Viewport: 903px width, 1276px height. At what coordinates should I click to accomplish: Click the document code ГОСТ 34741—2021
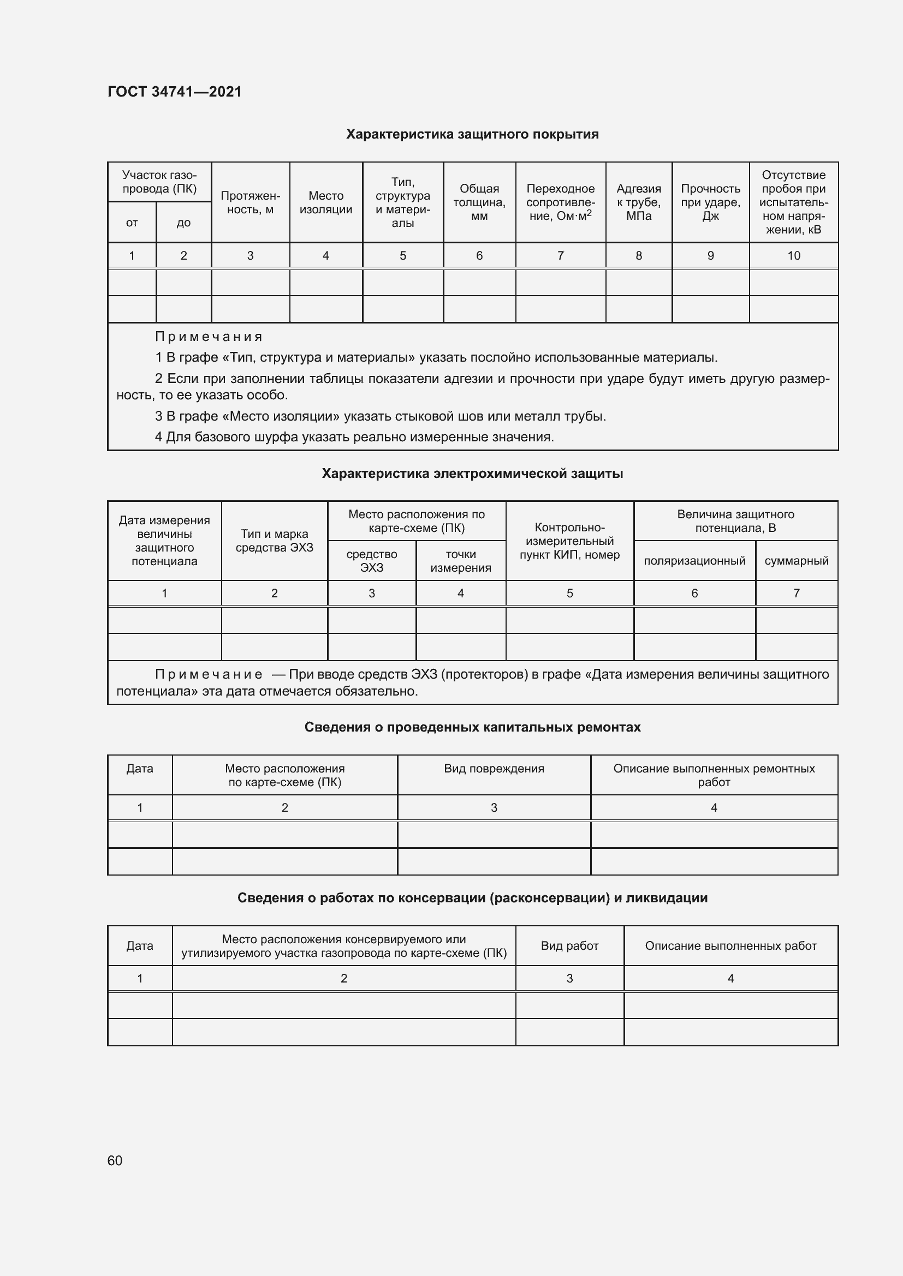click(x=175, y=92)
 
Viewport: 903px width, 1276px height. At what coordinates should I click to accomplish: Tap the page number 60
click(x=115, y=1160)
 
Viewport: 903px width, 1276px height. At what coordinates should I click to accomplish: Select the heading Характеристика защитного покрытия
click(x=472, y=135)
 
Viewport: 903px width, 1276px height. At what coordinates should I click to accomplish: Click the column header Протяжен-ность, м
click(x=250, y=202)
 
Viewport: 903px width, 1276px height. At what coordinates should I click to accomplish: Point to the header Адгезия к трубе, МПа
click(x=638, y=202)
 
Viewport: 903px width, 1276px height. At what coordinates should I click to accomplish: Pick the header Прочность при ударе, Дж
click(x=710, y=202)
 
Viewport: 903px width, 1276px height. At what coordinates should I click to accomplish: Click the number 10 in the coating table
click(x=793, y=256)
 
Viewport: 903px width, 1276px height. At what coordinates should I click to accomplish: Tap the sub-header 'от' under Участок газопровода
click(x=132, y=223)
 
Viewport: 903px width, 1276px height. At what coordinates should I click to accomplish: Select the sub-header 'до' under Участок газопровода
click(x=183, y=223)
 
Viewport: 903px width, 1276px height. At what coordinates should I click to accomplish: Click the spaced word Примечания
click(x=209, y=337)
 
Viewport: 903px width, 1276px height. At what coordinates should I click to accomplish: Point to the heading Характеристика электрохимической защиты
click(x=472, y=474)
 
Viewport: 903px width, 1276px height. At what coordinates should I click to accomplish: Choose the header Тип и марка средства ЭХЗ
click(x=274, y=541)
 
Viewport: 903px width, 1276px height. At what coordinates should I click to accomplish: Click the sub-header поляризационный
click(x=694, y=561)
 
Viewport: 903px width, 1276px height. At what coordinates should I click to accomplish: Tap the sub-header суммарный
click(x=796, y=561)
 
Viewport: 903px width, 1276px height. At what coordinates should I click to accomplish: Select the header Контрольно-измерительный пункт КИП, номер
click(x=569, y=541)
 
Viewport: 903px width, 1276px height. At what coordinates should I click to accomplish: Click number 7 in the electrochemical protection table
click(x=796, y=594)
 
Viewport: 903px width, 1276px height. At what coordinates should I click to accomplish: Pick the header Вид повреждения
click(x=494, y=769)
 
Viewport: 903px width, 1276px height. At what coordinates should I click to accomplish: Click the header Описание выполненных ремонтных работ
click(x=714, y=775)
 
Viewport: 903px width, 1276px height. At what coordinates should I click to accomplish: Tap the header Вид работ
click(x=569, y=946)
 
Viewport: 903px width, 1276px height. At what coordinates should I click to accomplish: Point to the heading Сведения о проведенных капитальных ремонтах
click(x=472, y=728)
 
